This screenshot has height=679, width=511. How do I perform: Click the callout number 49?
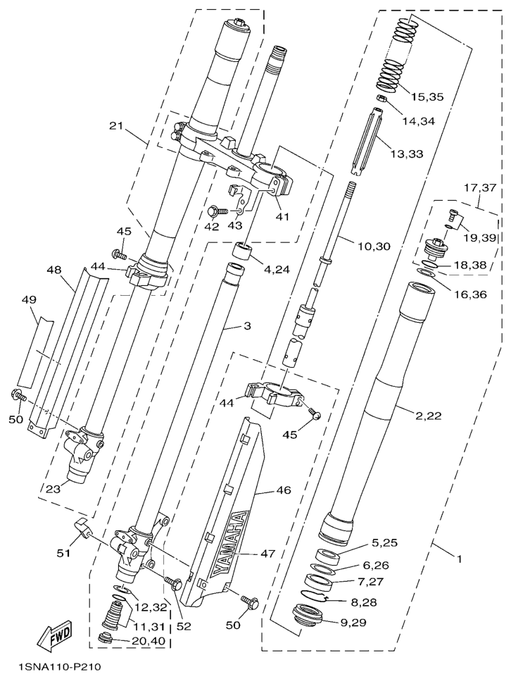pyautogui.click(x=28, y=300)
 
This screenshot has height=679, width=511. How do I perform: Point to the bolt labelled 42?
pyautogui.click(x=216, y=210)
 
